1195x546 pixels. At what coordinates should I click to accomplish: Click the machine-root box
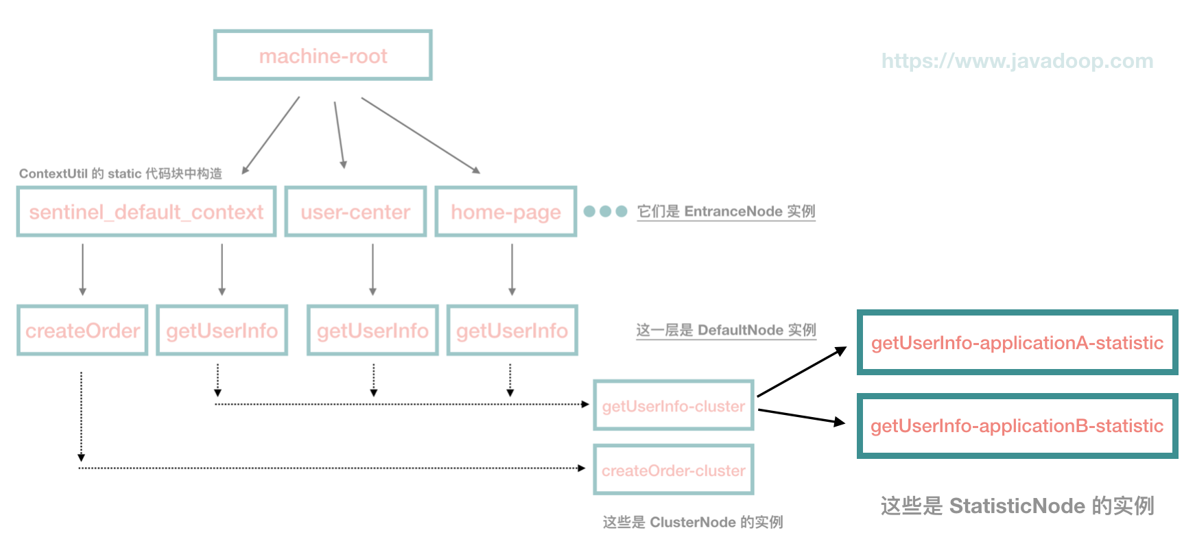coord(322,56)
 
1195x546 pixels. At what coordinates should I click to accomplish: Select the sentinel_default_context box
coord(146,212)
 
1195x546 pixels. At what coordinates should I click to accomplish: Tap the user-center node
coord(355,212)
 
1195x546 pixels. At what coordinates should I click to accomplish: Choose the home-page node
coord(506,212)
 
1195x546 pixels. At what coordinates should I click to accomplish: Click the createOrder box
coord(82,331)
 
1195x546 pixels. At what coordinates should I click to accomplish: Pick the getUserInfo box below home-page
coord(512,331)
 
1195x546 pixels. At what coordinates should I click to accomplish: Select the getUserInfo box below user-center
coord(372,331)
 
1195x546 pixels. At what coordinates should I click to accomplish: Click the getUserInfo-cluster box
coord(673,406)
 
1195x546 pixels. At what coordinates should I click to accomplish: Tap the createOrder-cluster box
coord(673,471)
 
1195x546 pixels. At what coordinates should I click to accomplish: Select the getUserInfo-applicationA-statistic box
coord(1017,343)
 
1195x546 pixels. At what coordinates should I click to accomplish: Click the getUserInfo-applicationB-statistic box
coord(1017,426)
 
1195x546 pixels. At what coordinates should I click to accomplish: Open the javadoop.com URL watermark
coord(1017,61)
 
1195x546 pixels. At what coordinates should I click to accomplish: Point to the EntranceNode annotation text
coord(726,211)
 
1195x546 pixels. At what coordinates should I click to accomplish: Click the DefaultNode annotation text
coord(726,330)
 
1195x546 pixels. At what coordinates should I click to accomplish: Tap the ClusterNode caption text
coord(692,523)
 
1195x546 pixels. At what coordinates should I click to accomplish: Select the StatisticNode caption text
coord(1017,506)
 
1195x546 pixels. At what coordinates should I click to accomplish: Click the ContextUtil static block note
coord(121,174)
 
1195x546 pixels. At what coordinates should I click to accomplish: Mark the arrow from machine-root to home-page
coord(420,135)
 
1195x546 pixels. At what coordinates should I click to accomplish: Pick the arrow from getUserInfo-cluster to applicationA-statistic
coord(801,372)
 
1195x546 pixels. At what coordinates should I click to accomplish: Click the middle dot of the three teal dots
coord(605,211)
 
